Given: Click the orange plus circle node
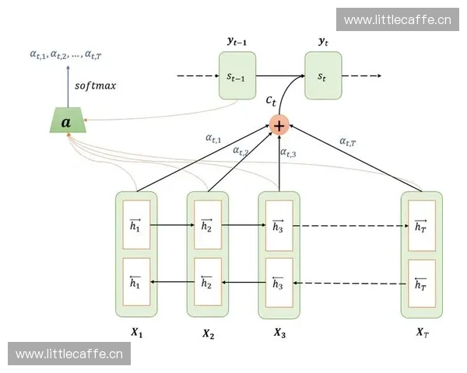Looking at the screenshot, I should click(x=279, y=125).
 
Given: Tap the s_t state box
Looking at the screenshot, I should click(x=322, y=75).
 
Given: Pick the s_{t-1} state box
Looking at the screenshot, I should click(x=237, y=75).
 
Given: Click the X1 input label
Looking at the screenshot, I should click(x=136, y=332).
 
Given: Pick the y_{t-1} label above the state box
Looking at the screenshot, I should click(x=237, y=40).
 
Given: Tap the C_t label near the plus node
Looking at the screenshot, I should click(x=271, y=99).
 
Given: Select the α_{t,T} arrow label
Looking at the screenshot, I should click(x=349, y=141).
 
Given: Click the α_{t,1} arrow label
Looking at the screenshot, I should click(x=213, y=138).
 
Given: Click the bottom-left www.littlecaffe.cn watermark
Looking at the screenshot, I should click(x=68, y=354).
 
